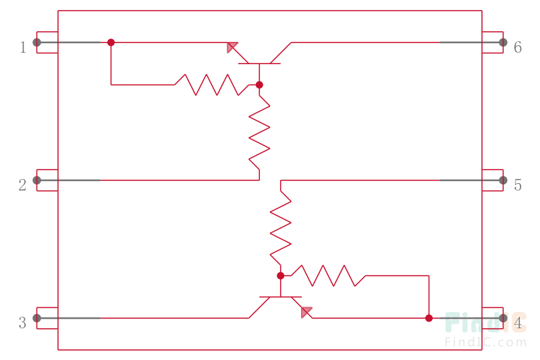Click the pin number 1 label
[x=23, y=47]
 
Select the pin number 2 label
[x=23, y=184]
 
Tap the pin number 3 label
[x=23, y=323]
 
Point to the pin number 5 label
[x=518, y=185]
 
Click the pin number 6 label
[x=518, y=47]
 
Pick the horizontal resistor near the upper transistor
[x=206, y=84]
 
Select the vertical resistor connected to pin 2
[x=260, y=132]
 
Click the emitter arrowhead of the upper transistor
[x=232, y=47]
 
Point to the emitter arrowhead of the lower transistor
[x=307, y=311]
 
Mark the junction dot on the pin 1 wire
[x=111, y=42]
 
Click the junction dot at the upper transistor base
[x=259, y=84]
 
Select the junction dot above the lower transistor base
[x=281, y=276]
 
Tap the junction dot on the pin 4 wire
[x=429, y=317]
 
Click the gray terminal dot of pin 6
[x=503, y=43]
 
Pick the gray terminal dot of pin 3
[x=37, y=317]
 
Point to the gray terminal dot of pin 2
[x=37, y=180]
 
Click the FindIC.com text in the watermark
[x=485, y=342]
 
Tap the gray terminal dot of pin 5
[x=503, y=180]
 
